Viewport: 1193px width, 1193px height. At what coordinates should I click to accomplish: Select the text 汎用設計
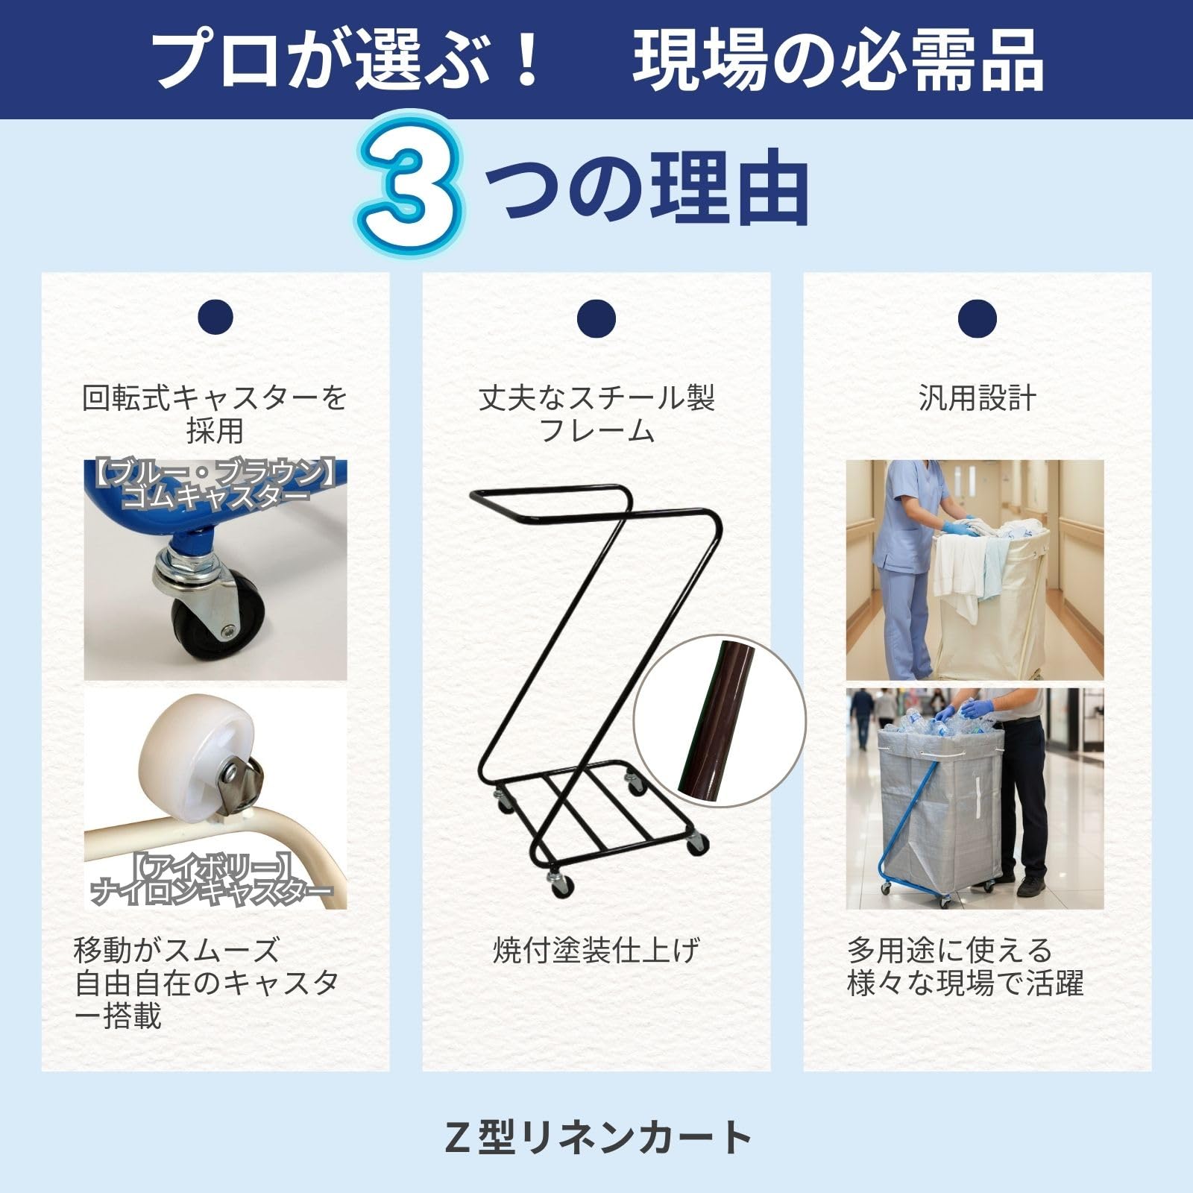pos(978,399)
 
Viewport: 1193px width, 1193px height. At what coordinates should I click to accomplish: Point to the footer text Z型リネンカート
pos(596,1137)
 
